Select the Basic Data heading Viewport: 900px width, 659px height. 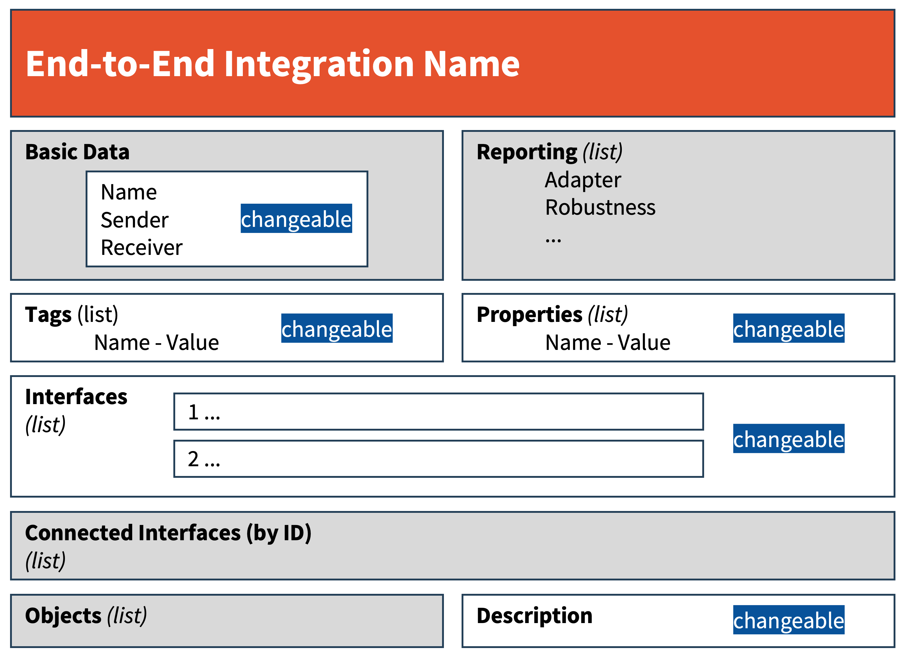(x=77, y=152)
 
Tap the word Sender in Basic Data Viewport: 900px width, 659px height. (x=134, y=220)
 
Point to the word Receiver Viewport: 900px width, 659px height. (x=141, y=247)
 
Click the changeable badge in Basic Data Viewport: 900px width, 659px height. (x=296, y=218)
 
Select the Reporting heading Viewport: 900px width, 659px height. (x=527, y=152)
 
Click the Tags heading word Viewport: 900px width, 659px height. (x=48, y=315)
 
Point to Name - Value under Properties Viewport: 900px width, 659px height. (x=608, y=343)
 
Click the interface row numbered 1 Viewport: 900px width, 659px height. (x=438, y=411)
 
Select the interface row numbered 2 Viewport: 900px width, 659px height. (x=438, y=458)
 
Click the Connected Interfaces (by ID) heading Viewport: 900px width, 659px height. (x=168, y=533)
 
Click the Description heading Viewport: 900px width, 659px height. (x=534, y=616)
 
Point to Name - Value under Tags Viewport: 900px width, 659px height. (x=157, y=343)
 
